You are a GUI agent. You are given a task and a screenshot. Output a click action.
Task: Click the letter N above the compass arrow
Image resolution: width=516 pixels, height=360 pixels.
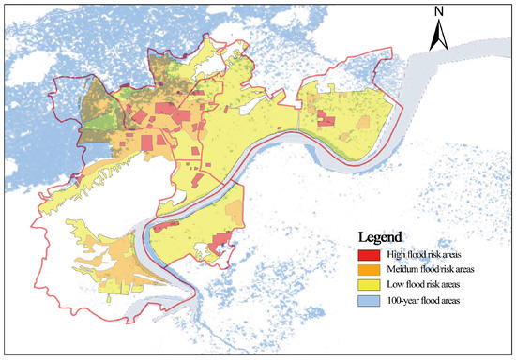438,12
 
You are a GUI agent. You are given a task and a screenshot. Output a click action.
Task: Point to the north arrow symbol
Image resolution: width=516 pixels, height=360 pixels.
438,37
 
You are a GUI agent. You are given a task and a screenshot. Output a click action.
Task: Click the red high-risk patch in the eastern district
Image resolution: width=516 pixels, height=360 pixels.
325,118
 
